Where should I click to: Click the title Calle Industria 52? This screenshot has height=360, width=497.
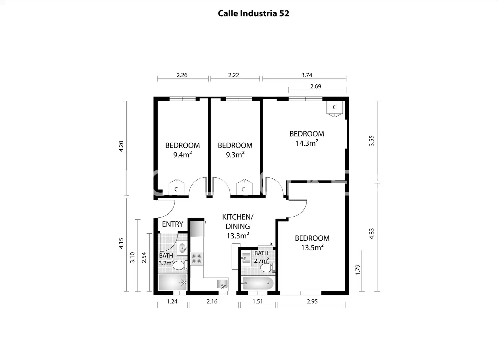coord(253,14)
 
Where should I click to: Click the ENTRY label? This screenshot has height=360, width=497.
coord(173,224)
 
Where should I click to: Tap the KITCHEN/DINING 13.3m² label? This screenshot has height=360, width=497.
coord(238,227)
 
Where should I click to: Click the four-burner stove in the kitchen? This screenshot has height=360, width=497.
coord(197,259)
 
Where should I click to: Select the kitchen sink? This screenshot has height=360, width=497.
coord(223,284)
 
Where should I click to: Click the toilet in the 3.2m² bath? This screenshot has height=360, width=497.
coord(180,266)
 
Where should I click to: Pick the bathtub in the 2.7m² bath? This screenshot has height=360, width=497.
coord(258,283)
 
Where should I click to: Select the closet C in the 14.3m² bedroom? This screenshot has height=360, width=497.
coord(334,108)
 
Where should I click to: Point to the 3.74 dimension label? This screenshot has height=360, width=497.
coord(307,75)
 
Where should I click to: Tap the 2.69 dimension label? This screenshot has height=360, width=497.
coord(315,86)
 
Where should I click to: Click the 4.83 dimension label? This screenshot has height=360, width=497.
coord(371,234)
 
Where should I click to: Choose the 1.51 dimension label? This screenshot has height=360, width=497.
coord(257,301)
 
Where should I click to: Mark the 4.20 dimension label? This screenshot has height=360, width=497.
coord(121,146)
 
